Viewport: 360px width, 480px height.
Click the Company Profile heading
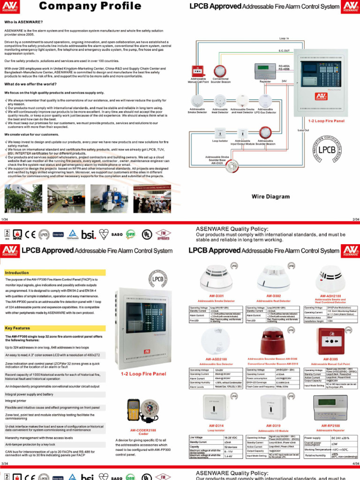click(x=90, y=6)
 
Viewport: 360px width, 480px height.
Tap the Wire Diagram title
click(x=270, y=197)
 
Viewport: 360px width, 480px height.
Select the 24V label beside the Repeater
click(x=284, y=81)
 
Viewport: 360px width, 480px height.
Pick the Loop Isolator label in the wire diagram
click(x=219, y=140)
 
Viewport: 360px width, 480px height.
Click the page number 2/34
click(x=355, y=219)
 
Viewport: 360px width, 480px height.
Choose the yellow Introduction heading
click(x=17, y=273)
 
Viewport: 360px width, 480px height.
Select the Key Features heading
click(x=17, y=329)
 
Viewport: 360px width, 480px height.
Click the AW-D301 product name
click(x=216, y=296)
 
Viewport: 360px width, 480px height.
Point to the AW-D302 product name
click(x=273, y=296)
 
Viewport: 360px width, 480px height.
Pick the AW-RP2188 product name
click(x=330, y=426)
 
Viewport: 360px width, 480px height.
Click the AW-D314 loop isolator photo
click(x=216, y=406)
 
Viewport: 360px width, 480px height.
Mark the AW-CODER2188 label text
click(x=143, y=429)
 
